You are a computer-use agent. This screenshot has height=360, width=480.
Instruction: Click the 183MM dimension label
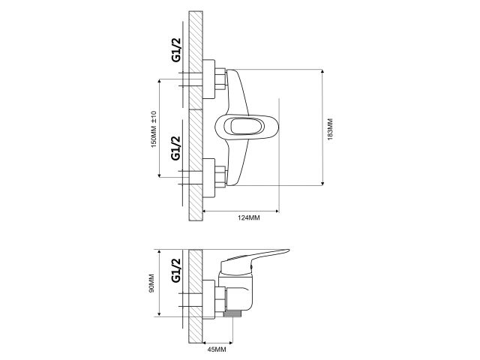pos(330,128)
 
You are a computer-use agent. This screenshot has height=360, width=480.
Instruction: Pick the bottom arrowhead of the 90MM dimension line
pos(160,316)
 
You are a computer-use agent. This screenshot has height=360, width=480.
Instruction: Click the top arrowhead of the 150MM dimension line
pos(160,81)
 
